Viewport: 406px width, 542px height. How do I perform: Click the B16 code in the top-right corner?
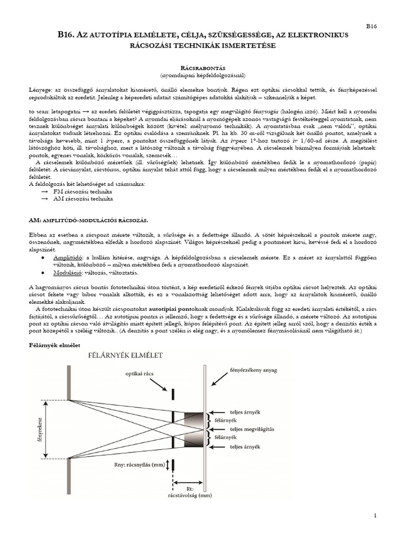372,25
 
